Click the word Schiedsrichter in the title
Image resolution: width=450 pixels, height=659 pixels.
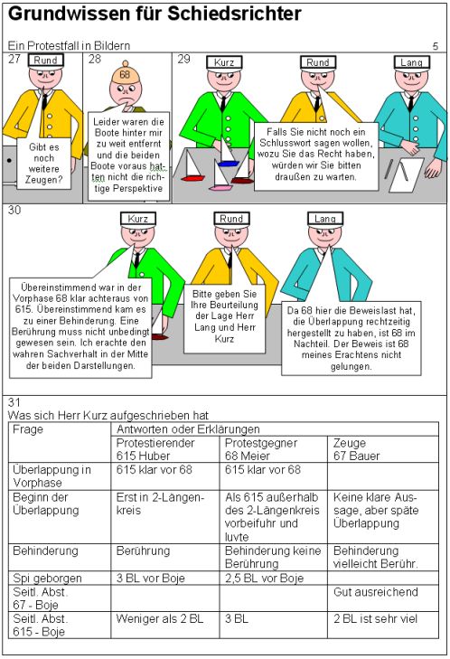coord(234,14)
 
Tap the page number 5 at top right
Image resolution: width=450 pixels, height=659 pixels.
coord(436,46)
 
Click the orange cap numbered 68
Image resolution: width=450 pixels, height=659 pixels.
coord(125,73)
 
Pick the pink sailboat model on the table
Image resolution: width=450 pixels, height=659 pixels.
coord(220,175)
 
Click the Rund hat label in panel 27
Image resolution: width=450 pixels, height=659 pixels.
coord(45,60)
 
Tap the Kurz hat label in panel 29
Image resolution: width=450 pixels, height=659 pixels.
coord(224,62)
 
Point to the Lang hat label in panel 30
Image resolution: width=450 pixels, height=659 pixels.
coord(325,219)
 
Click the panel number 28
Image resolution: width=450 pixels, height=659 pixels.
coord(95,59)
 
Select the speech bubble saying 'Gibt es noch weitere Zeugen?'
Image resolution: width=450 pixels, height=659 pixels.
coord(43,163)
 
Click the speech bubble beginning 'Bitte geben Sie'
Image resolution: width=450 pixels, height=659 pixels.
coord(224,317)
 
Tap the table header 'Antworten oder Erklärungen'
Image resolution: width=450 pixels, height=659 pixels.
coord(188,429)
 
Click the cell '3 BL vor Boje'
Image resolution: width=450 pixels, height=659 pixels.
coord(150,578)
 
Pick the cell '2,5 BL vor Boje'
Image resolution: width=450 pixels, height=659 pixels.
coord(264,578)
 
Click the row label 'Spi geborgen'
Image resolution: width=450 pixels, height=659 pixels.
coord(47,579)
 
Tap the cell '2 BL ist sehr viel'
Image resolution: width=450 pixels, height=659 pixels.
coord(375,618)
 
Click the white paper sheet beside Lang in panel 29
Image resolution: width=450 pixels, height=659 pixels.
coord(406,174)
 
